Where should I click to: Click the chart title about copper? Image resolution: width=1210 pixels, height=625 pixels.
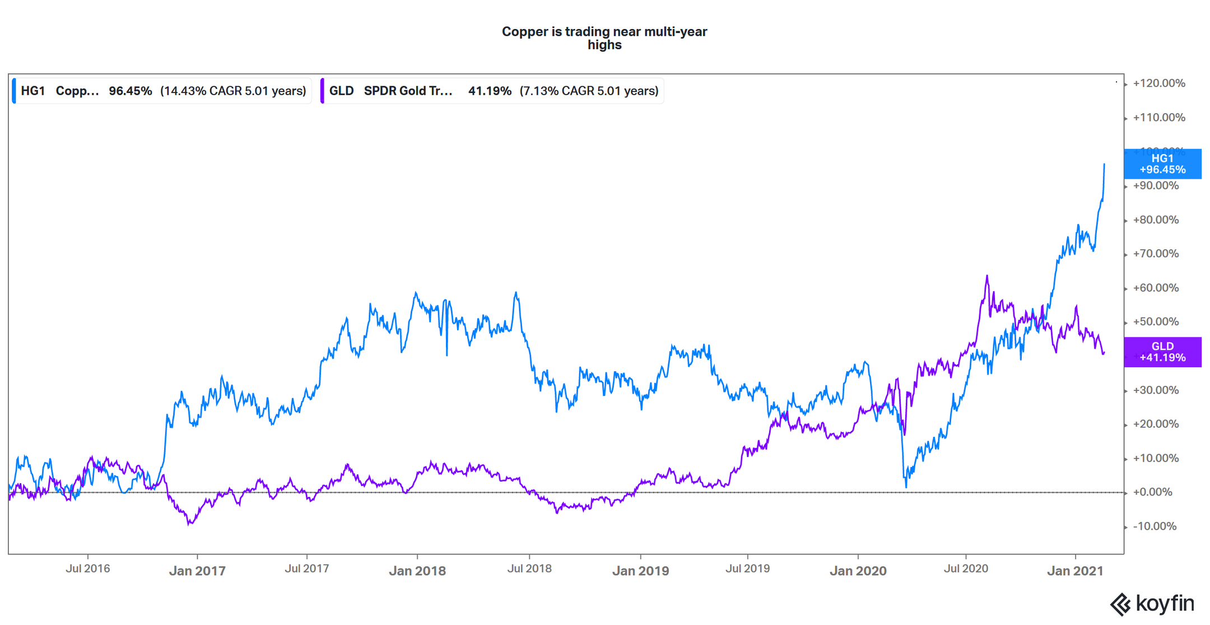coord(604,38)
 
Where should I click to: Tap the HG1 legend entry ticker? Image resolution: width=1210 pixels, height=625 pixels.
coord(32,91)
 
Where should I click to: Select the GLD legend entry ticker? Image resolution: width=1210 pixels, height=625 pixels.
coord(341,91)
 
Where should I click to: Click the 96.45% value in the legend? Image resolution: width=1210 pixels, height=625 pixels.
coord(130,91)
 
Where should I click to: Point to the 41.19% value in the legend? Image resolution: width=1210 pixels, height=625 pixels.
coord(490,91)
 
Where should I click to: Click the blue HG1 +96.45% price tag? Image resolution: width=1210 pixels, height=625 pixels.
coord(1162,164)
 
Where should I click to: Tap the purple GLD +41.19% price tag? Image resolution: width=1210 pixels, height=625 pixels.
coord(1162,352)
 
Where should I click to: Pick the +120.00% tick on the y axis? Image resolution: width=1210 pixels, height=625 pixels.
coord(1158,83)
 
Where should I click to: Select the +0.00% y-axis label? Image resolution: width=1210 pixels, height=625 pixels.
coord(1152,492)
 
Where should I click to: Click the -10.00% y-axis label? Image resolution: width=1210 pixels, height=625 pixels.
coord(1154,526)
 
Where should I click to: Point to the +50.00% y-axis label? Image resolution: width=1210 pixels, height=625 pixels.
coord(1156,322)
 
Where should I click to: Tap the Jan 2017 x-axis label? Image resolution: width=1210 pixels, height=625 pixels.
coord(197,571)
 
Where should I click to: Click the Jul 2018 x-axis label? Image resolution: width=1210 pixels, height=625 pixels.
coord(529,569)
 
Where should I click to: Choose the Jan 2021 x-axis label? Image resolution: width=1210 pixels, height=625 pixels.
coord(1075,571)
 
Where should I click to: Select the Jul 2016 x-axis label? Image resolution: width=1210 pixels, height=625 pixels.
coord(88,569)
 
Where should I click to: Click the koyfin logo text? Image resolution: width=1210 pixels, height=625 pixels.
coord(1165,604)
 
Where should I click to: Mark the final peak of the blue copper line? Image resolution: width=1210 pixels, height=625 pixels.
coord(1104,165)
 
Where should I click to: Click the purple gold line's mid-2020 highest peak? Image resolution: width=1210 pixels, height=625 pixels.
coord(987,276)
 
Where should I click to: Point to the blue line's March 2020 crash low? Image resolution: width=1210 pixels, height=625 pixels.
coord(906,486)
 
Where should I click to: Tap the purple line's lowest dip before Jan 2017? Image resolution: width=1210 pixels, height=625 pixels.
coord(189,524)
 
